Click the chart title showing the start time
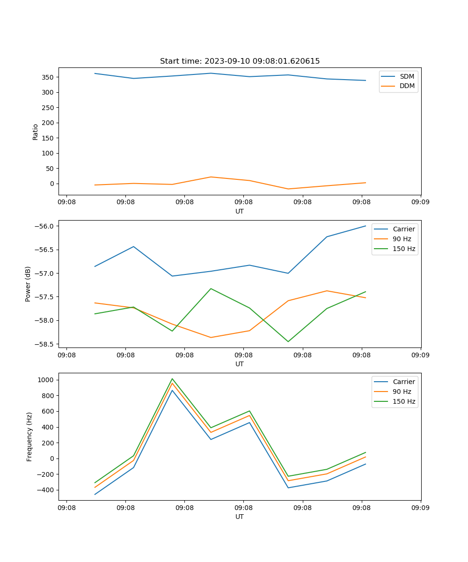click(x=240, y=61)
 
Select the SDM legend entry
click(x=407, y=76)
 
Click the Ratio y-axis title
click(x=36, y=132)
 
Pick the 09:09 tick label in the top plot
click(x=420, y=202)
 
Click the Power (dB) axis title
click(x=28, y=284)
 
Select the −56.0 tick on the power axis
click(x=45, y=226)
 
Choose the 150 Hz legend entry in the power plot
click(x=403, y=249)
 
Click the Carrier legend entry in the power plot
click(x=403, y=229)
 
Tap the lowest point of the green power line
click(x=288, y=341)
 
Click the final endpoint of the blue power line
click(x=366, y=226)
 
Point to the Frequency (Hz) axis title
click(x=29, y=436)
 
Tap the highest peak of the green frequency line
click(x=172, y=379)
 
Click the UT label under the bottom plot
click(x=240, y=517)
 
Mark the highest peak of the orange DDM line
click(x=211, y=177)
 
